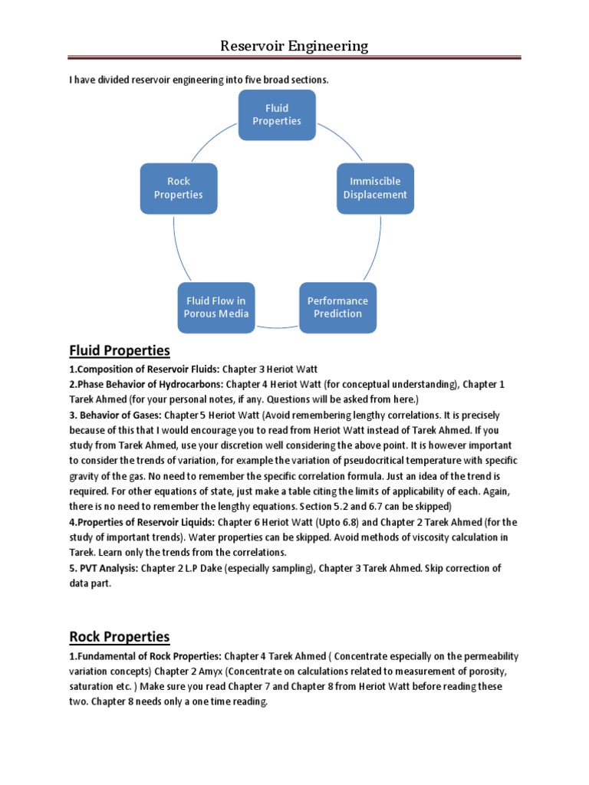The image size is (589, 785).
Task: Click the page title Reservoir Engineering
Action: tap(294, 46)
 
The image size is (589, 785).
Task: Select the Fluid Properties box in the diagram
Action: tap(277, 115)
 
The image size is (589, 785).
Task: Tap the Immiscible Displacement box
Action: tap(375, 188)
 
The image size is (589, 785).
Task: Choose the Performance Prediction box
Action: tap(337, 307)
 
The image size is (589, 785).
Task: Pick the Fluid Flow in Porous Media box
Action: tap(216, 307)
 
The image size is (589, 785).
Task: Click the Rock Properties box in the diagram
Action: tap(178, 188)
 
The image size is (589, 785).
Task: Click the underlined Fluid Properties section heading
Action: tap(120, 351)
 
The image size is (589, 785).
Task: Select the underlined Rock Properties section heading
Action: tap(120, 637)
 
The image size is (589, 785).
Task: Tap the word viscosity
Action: tap(410, 537)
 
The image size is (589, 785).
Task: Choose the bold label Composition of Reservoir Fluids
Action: tap(137, 369)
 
